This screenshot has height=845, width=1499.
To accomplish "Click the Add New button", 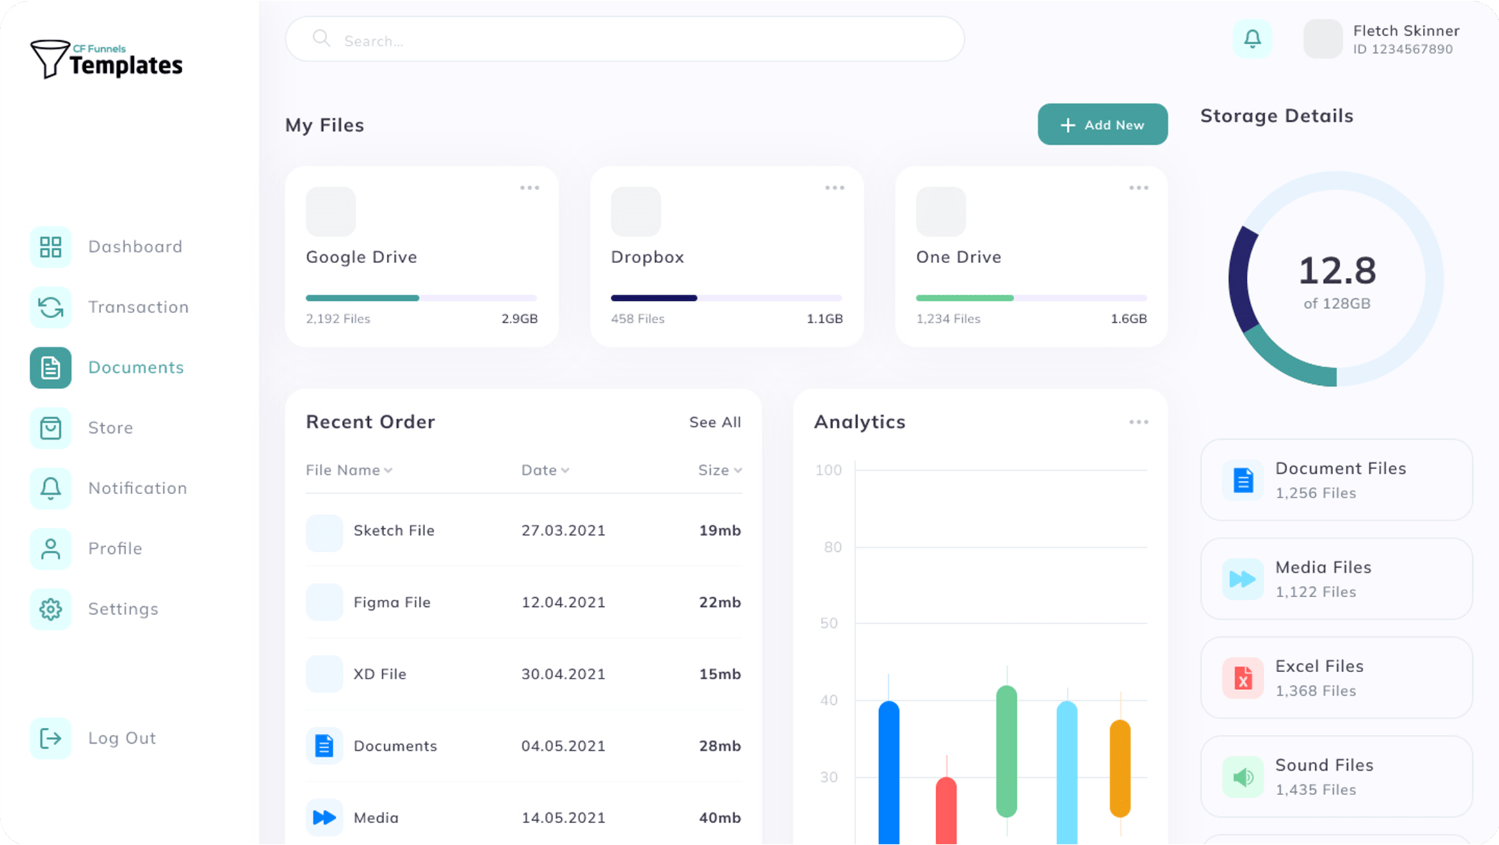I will (x=1102, y=125).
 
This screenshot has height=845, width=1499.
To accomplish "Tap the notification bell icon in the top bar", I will (x=1252, y=39).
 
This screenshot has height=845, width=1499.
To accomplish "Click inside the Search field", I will (x=624, y=40).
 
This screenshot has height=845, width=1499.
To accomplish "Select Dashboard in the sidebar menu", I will (x=134, y=246).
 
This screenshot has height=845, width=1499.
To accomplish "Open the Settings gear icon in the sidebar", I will (x=51, y=609).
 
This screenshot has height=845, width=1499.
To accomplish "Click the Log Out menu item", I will (x=122, y=738).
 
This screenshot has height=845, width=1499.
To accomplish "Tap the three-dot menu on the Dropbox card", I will (x=834, y=188).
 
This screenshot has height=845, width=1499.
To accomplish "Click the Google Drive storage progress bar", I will (x=421, y=298).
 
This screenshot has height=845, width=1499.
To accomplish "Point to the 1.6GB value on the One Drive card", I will (x=1128, y=319).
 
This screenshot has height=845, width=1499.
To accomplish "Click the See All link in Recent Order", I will (x=715, y=422).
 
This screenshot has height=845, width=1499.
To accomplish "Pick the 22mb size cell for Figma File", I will (x=720, y=602).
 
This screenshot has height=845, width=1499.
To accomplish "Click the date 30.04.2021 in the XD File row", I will (x=563, y=674).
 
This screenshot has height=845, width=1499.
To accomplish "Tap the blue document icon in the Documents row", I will (x=325, y=746).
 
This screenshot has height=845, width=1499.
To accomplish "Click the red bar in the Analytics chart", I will (x=946, y=810).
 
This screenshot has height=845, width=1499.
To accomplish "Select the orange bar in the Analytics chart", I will (x=1120, y=768).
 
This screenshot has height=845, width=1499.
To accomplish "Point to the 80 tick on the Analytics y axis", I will (x=832, y=547).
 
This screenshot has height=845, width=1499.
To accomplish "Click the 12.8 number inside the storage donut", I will (x=1337, y=271).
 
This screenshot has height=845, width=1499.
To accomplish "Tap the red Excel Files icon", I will (x=1243, y=678).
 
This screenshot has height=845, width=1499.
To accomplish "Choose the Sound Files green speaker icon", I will (x=1243, y=777).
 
